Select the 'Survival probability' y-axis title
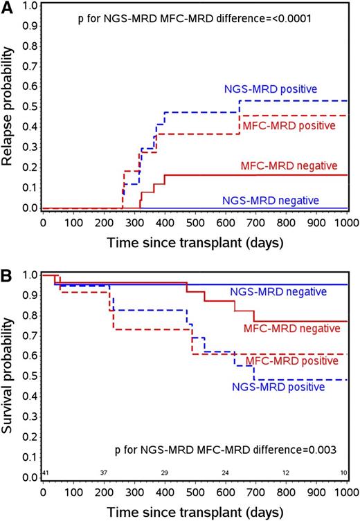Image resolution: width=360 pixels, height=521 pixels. coord(8,376)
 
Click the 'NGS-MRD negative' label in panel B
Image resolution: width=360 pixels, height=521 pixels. coord(278,292)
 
